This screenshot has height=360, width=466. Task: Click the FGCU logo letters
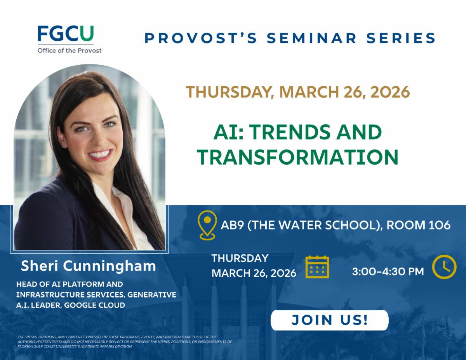coord(66,33)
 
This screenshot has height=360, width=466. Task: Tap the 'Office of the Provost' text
coord(69,50)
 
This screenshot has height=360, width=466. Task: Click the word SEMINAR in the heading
coord(311,38)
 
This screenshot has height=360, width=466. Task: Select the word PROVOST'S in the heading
coord(201,38)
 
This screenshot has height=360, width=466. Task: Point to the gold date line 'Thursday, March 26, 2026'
coord(297,92)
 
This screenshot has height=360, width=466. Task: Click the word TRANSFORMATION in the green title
coord(297,157)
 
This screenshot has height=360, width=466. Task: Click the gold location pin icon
coord(207,225)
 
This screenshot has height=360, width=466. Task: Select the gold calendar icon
coord(317,267)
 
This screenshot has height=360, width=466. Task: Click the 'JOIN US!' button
coord(330,320)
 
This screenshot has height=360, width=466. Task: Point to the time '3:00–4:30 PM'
coord(388,271)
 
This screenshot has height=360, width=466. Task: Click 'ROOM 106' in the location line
coord(418,225)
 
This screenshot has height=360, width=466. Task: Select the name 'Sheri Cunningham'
coord(89,266)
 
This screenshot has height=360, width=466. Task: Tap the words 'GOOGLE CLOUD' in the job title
coord(95,305)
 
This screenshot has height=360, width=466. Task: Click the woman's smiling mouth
coord(100,155)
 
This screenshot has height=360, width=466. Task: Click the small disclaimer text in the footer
coord(125,342)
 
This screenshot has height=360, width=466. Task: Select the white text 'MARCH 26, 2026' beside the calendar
coord(254,273)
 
